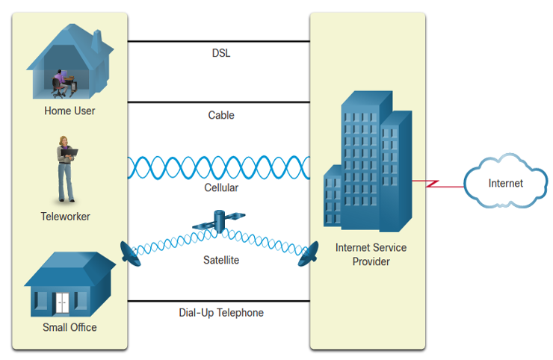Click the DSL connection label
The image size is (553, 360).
pyautogui.click(x=221, y=53)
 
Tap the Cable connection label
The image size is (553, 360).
pyautogui.click(x=221, y=115)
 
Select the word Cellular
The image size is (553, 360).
pyautogui.click(x=221, y=187)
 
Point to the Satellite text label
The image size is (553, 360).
pyautogui.click(x=221, y=260)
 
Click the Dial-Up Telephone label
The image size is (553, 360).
pyautogui.click(x=221, y=312)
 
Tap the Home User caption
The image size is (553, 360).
pyautogui.click(x=69, y=111)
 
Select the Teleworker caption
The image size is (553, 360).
pyautogui.click(x=65, y=216)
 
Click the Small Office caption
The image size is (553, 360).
pyautogui.click(x=69, y=327)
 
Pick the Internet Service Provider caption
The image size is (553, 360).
pyautogui.click(x=371, y=255)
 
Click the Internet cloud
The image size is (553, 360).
pyautogui.click(x=505, y=181)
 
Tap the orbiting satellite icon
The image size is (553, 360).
pyautogui.click(x=219, y=221)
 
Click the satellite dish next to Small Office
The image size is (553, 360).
pyautogui.click(x=130, y=254)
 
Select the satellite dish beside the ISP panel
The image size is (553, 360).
pyautogui.click(x=309, y=254)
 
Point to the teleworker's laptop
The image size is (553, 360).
pyautogui.click(x=69, y=152)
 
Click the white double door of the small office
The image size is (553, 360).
pyautogui.click(x=63, y=303)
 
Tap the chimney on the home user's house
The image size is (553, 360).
pyautogui.click(x=96, y=41)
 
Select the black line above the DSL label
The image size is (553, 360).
pyautogui.click(x=219, y=41)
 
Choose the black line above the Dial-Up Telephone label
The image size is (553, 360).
pyautogui.click(x=219, y=301)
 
